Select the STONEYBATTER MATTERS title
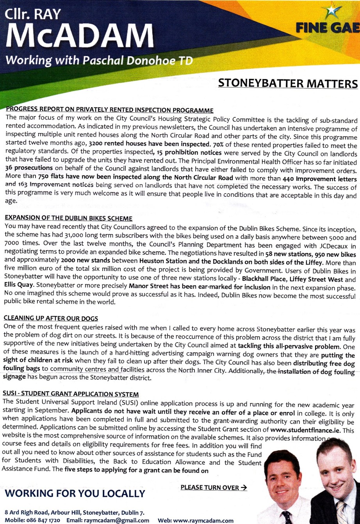click(288, 83)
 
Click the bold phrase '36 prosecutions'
click(29, 168)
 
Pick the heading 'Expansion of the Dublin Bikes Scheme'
click(68, 218)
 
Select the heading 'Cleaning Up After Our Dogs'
click(51, 318)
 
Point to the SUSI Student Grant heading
click(71, 394)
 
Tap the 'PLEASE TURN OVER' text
click(214, 487)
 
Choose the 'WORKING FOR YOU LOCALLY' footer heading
click(75, 494)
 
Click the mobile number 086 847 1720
click(43, 520)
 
